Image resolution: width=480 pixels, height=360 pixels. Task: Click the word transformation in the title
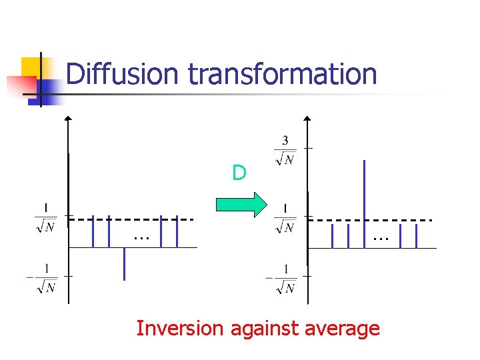pyautogui.click(x=283, y=74)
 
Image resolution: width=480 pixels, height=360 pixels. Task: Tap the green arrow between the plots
pyautogui.click(x=241, y=205)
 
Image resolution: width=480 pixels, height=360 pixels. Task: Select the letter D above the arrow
pyautogui.click(x=239, y=173)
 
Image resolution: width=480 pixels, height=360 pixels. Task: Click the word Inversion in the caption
pyautogui.click(x=181, y=329)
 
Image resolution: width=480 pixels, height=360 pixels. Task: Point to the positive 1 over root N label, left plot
pyautogui.click(x=45, y=218)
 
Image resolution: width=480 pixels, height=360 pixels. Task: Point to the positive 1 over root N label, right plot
pyautogui.click(x=285, y=218)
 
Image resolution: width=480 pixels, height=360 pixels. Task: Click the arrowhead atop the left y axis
pyautogui.click(x=68, y=119)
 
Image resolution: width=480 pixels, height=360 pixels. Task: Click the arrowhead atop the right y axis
pyautogui.click(x=307, y=120)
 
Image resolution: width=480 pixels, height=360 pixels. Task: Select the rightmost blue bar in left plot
pyautogui.click(x=177, y=231)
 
